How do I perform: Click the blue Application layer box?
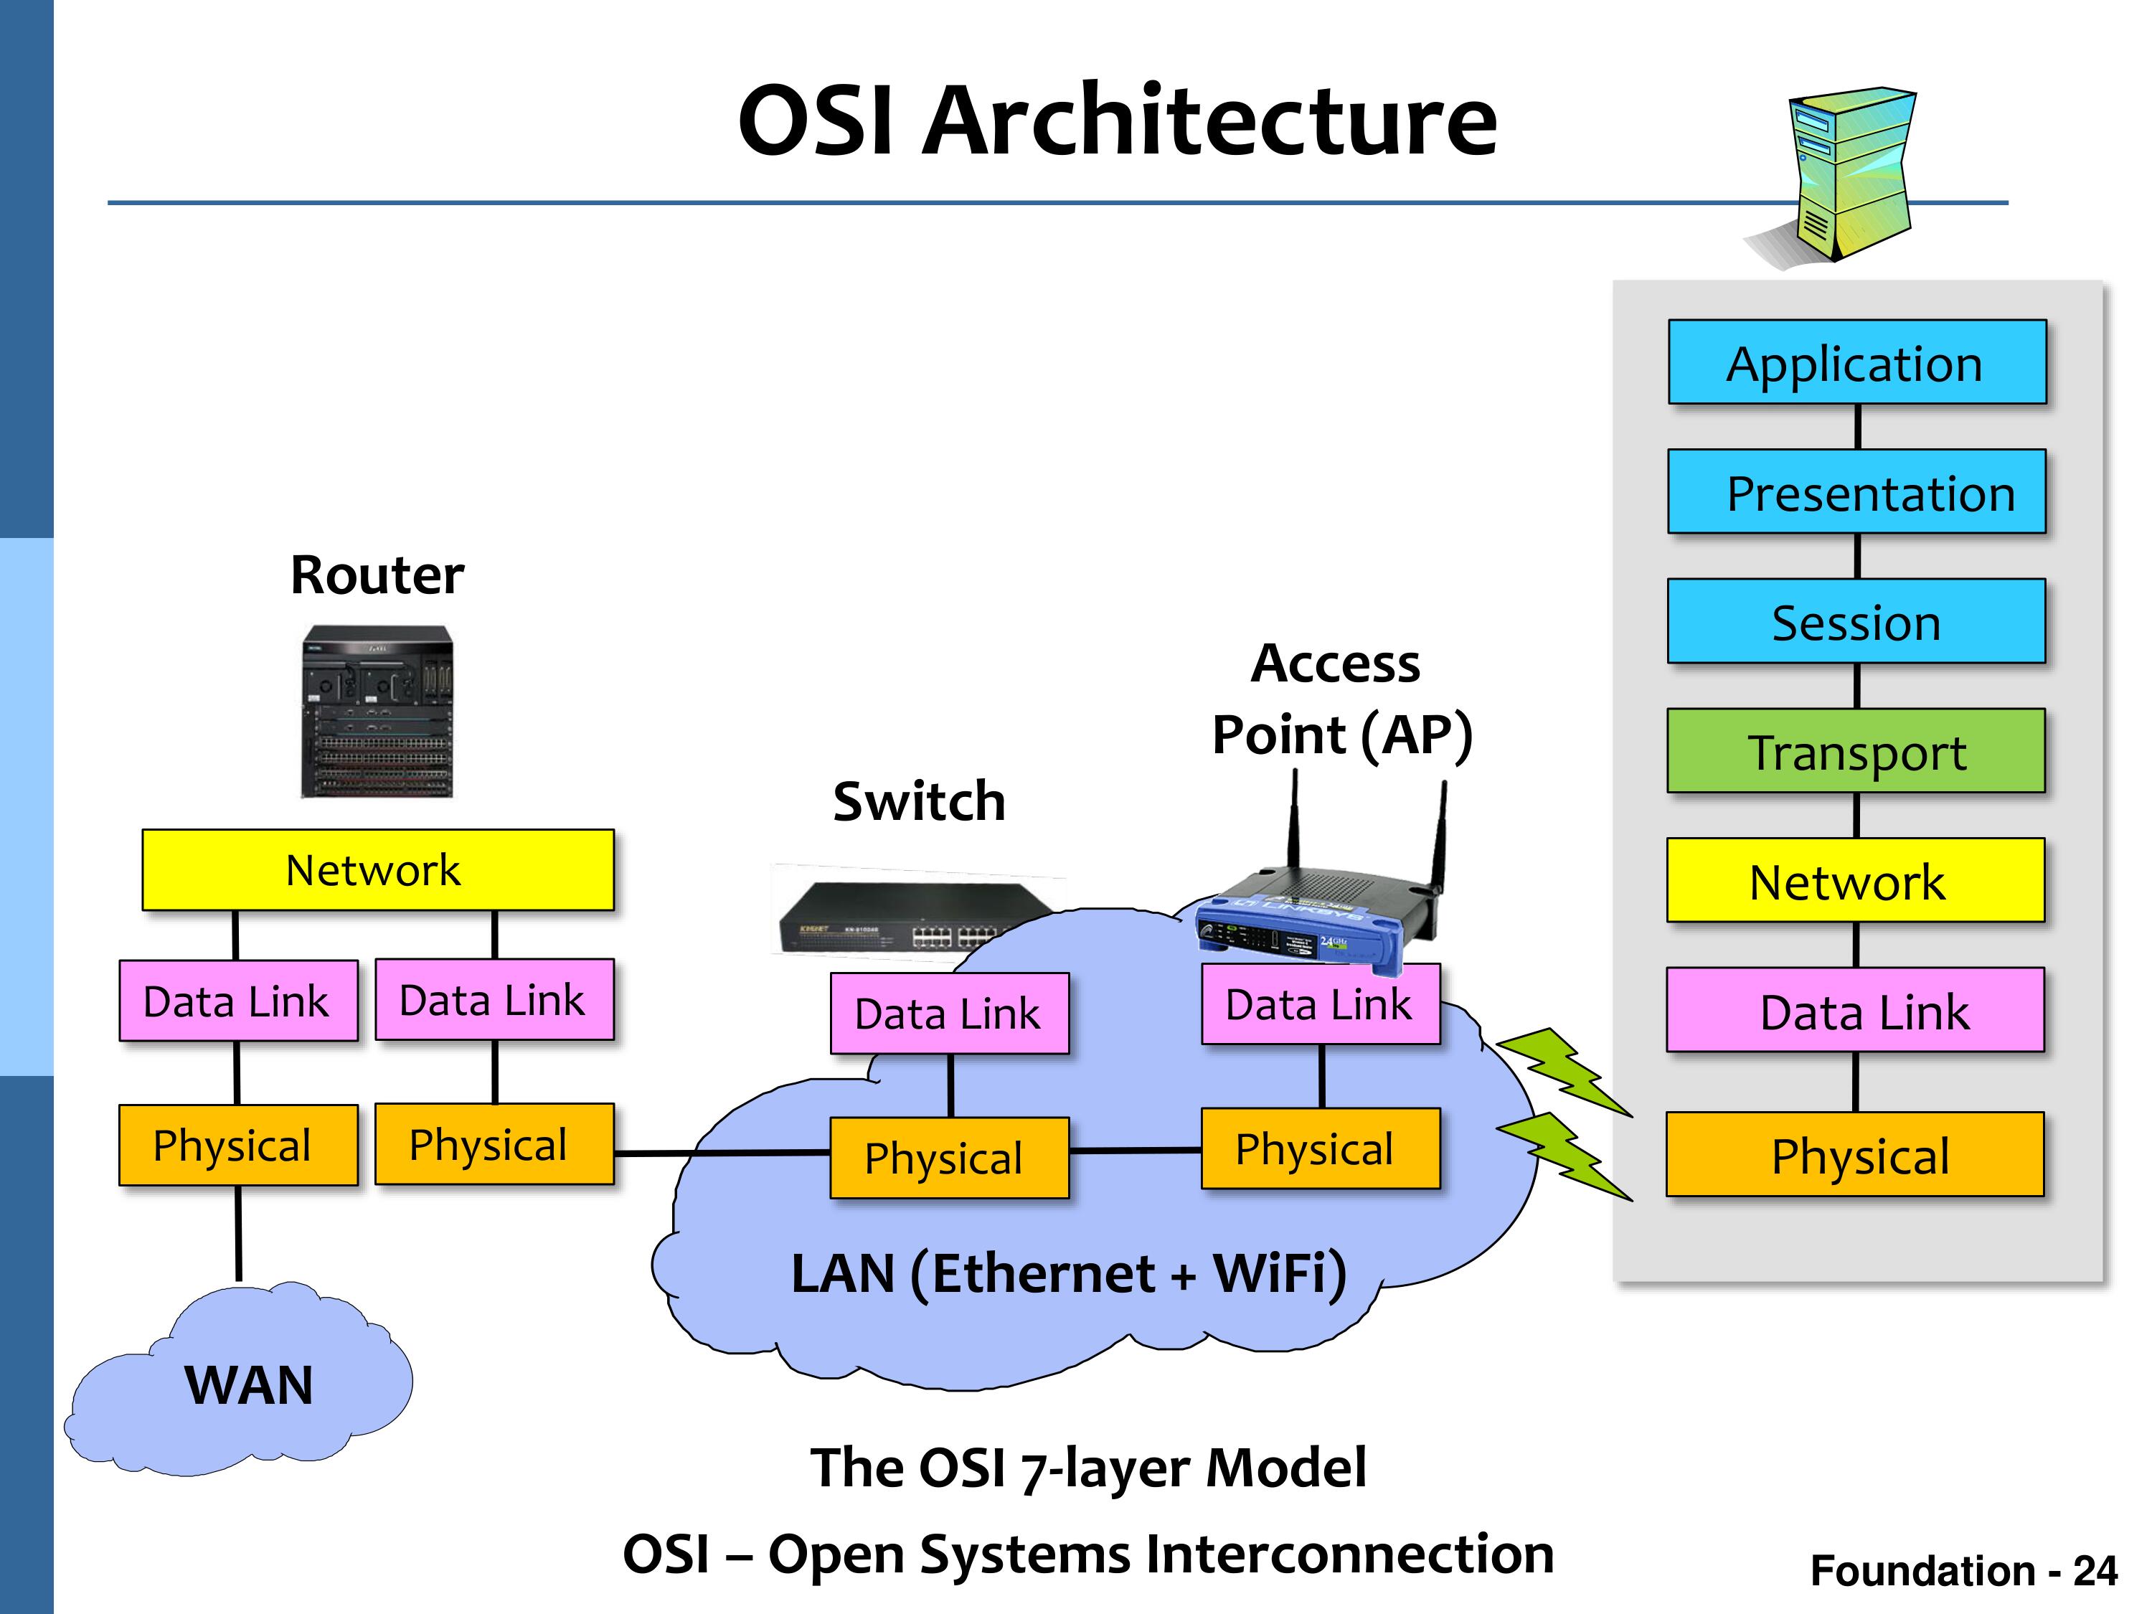(1857, 362)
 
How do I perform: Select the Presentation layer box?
(1857, 491)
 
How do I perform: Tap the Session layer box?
(1856, 620)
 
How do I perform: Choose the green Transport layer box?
(1856, 750)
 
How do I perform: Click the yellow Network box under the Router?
(377, 869)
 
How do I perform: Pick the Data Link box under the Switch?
(950, 1013)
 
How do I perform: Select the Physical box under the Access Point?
(1320, 1148)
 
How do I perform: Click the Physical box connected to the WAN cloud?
(238, 1145)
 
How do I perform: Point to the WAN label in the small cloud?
(249, 1384)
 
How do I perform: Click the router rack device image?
(377, 711)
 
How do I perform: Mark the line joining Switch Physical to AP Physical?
(1136, 1151)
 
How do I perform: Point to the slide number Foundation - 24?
(1963, 1570)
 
